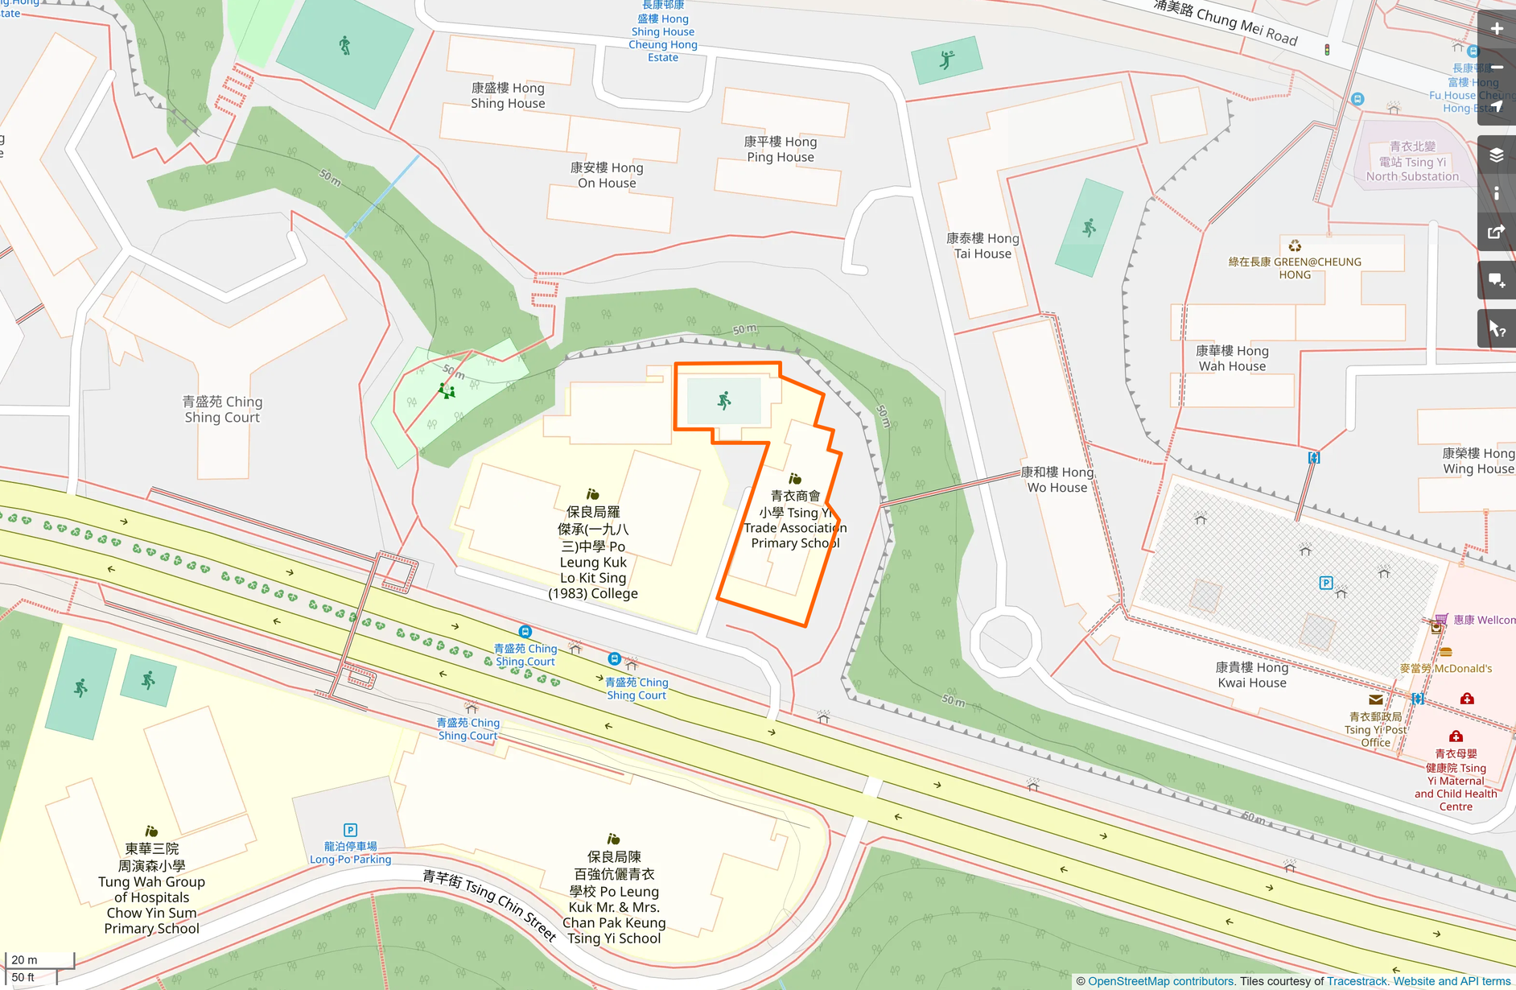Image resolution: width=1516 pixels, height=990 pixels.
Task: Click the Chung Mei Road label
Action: pyautogui.click(x=1225, y=22)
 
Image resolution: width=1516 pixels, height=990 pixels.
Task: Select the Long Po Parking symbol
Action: pyautogui.click(x=350, y=830)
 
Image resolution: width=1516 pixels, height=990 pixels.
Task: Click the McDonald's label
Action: pyautogui.click(x=1445, y=668)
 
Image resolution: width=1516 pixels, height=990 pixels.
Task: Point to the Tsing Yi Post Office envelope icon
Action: pyautogui.click(x=1375, y=699)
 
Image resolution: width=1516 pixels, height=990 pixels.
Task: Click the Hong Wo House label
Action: pyautogui.click(x=1057, y=480)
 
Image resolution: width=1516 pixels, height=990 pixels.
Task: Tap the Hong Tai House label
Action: pyautogui.click(x=983, y=245)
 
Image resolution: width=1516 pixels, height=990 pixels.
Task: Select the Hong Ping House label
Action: pyautogui.click(x=780, y=149)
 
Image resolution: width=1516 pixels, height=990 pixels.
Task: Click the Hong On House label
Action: pyautogui.click(x=607, y=175)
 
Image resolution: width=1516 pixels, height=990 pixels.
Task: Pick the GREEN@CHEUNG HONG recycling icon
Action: pyautogui.click(x=1295, y=245)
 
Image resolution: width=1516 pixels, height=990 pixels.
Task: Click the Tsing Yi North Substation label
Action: pyautogui.click(x=1412, y=162)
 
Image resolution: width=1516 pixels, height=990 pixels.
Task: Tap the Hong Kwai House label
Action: pyautogui.click(x=1251, y=674)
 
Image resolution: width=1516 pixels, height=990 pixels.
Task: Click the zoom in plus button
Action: pyautogui.click(x=1496, y=29)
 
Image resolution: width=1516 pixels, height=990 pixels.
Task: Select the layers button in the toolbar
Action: pyautogui.click(x=1496, y=155)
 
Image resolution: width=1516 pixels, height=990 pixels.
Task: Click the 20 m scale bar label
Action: pyautogui.click(x=24, y=959)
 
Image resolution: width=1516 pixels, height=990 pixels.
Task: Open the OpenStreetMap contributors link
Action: pyautogui.click(x=1160, y=981)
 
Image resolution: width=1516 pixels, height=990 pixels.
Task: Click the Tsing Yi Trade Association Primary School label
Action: pyautogui.click(x=795, y=520)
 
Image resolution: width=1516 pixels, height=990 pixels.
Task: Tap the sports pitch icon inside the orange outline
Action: pyautogui.click(x=724, y=401)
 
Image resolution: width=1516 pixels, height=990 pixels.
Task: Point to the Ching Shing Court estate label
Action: pyautogui.click(x=222, y=409)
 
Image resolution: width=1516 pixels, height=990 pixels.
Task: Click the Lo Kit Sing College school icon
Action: pyautogui.click(x=593, y=494)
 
